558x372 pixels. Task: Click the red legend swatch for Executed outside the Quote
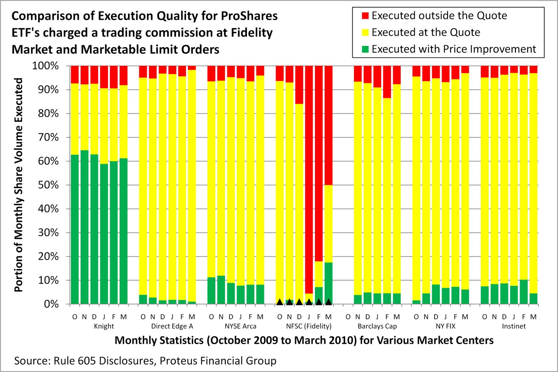(x=365, y=16)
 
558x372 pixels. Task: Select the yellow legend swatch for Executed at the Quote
(x=365, y=32)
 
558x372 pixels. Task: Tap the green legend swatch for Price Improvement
(x=365, y=49)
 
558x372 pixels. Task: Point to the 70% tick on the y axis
(x=48, y=137)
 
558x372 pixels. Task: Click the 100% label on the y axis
(x=45, y=65)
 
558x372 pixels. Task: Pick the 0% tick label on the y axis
(x=51, y=304)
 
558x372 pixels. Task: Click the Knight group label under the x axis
(x=104, y=326)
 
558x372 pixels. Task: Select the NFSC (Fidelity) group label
(x=309, y=326)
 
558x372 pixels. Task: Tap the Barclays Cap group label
(x=377, y=326)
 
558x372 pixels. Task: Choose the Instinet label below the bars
(x=514, y=326)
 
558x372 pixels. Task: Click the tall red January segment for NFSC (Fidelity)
(x=309, y=174)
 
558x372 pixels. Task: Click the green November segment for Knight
(x=84, y=226)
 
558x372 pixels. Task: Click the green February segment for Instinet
(x=523, y=292)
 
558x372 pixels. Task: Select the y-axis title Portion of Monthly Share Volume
(x=18, y=185)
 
